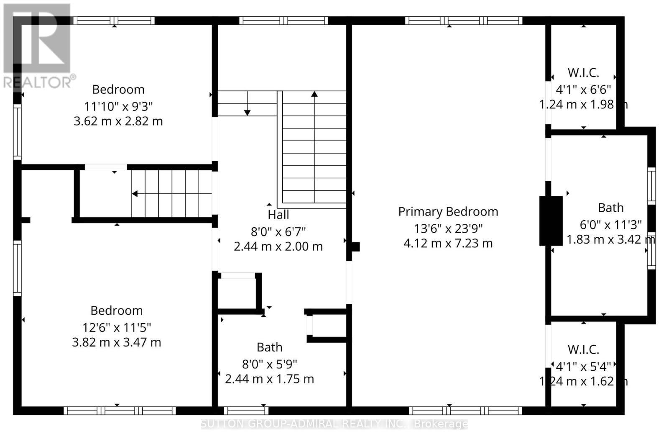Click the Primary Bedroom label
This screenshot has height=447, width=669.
coord(448,212)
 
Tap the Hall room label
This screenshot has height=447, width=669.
coord(278,215)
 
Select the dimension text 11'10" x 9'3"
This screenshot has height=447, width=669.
coord(118,106)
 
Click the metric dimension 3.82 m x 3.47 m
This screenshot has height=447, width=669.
coord(116,342)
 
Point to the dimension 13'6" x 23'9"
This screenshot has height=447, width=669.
coord(448,229)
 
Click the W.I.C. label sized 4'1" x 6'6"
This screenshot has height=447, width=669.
coord(583,73)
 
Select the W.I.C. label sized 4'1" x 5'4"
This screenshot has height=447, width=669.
coord(583,349)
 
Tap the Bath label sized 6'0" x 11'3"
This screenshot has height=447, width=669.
coord(610,208)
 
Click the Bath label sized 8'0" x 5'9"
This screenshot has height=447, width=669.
coord(269,347)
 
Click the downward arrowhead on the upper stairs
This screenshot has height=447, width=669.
coord(247,113)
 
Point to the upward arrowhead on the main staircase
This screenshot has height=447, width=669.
coord(314,94)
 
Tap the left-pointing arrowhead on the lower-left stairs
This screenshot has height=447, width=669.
coord(135,194)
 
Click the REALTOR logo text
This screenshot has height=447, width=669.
coord(39,82)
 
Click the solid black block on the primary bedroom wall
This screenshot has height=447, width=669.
coord(551,221)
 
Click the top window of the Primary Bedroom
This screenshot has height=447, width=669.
coord(464,21)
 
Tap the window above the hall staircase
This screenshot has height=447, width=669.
coord(284,21)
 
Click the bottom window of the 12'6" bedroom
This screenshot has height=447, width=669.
coord(119,411)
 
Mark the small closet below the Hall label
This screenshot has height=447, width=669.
coord(237,292)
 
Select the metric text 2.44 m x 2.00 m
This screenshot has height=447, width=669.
coord(278,247)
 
